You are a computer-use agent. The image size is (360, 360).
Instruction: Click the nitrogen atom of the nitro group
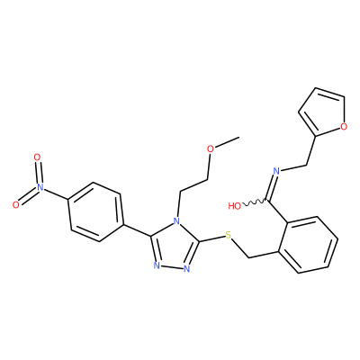pyautogui.click(x=39, y=188)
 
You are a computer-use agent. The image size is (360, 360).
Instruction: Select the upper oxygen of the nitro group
pyautogui.click(x=37, y=157)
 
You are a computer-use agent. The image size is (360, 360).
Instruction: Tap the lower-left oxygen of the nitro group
pyautogui.click(x=16, y=205)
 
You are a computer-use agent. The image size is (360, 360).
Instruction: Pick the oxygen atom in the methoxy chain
pyautogui.click(x=211, y=148)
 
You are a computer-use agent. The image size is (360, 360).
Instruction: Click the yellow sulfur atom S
pyautogui.click(x=229, y=235)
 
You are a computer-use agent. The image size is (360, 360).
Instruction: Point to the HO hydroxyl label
pyautogui.click(x=234, y=206)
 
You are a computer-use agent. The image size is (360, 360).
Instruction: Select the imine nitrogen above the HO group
pyautogui.click(x=276, y=171)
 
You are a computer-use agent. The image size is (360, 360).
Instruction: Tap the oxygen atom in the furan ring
pyautogui.click(x=344, y=126)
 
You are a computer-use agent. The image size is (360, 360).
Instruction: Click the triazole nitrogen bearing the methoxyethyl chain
pyautogui.click(x=177, y=222)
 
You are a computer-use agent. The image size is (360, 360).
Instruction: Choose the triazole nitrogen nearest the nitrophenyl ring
pyautogui.click(x=156, y=265)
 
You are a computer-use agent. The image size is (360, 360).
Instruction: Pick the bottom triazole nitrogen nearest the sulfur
pyautogui.click(x=187, y=268)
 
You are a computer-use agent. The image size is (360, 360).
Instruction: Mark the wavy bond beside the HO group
pyautogui.click(x=254, y=202)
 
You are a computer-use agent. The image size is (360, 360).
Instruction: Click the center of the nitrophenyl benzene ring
pyautogui.click(x=96, y=211)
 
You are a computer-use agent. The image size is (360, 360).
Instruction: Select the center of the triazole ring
pyautogui.click(x=174, y=247)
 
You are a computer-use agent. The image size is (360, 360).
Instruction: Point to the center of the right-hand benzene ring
pyautogui.click(x=308, y=245)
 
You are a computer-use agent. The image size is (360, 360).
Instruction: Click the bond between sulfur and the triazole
pyautogui.click(x=211, y=238)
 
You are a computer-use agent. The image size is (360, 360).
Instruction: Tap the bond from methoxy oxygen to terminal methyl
pyautogui.click(x=227, y=142)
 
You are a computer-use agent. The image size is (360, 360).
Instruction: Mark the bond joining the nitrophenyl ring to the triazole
pyautogui.click(x=137, y=229)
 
